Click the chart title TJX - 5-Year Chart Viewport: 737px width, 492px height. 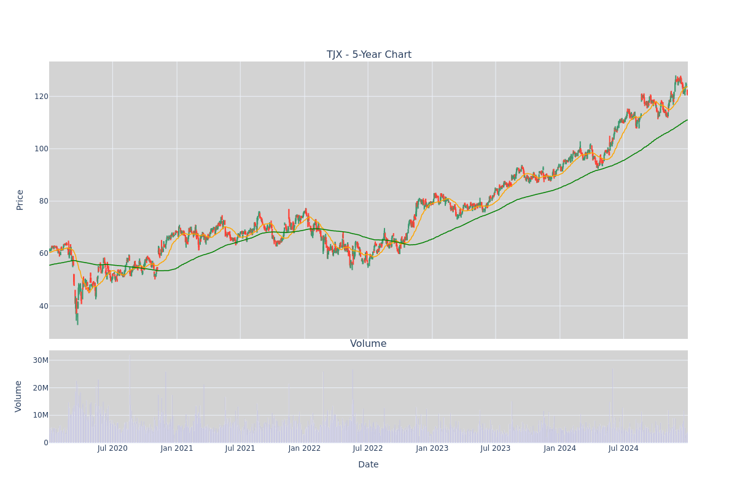click(368, 54)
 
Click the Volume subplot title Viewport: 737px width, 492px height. click(368, 344)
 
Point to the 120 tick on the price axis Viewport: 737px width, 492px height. click(41, 97)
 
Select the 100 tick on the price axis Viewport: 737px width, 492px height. click(41, 149)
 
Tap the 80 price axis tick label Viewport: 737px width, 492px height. click(44, 201)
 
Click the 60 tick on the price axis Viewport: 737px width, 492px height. click(44, 253)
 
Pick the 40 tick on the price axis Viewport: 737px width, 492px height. click(44, 306)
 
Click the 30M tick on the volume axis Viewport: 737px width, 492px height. click(41, 360)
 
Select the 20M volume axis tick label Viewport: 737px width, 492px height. click(41, 388)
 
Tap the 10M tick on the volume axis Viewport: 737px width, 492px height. click(41, 415)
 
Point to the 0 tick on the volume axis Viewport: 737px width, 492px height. click(46, 443)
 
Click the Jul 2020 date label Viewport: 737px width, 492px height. click(112, 448)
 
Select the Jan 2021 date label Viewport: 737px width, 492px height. click(177, 448)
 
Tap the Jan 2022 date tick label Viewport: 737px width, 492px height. click(305, 448)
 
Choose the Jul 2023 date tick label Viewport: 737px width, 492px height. click(495, 448)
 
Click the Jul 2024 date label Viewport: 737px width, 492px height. click(623, 448)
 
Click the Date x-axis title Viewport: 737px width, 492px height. click(368, 465)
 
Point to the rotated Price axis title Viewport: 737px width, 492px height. click(20, 200)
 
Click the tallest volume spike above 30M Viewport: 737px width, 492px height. click(130, 399)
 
